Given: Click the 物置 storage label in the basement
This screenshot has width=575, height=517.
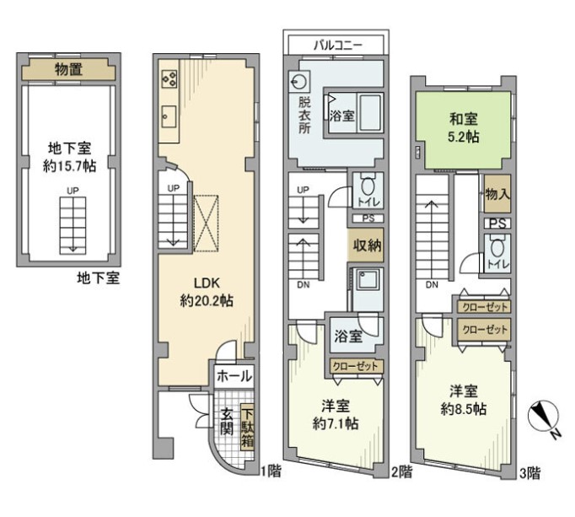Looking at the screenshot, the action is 68,69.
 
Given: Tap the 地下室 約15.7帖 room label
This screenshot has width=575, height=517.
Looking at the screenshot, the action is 70,157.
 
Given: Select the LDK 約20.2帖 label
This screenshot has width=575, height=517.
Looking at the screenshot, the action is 207,292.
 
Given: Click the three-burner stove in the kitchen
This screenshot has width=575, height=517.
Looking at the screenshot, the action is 169,79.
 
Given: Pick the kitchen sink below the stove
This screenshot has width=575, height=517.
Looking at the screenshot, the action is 169,116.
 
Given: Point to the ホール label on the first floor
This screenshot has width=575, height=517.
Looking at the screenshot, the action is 234,376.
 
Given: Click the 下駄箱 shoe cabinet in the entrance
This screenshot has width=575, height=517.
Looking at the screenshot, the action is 248,428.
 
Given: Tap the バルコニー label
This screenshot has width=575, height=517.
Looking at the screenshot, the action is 338,46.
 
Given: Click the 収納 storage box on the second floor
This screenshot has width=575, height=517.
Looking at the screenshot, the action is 367,245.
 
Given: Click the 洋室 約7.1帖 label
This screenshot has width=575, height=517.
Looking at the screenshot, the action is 336,415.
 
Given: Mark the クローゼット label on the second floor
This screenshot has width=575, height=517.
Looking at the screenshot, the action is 355,366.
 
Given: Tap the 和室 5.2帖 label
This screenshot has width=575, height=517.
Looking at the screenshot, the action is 464,128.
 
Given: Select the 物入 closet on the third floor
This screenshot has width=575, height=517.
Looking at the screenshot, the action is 497,194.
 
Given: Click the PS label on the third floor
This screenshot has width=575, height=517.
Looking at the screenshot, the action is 497,223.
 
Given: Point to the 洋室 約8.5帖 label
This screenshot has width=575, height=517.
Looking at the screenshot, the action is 464,400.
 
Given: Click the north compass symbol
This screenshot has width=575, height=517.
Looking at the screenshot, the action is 544,417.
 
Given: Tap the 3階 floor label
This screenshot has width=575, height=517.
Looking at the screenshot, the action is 530,473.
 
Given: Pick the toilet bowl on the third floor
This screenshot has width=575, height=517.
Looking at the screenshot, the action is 497,249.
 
